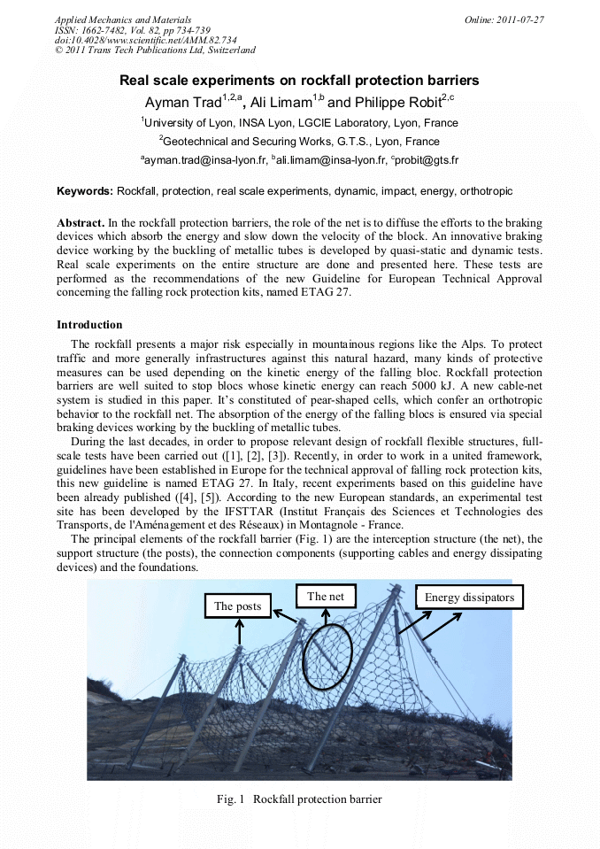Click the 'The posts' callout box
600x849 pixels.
237,606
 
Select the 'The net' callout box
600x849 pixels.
326,597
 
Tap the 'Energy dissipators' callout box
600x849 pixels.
469,598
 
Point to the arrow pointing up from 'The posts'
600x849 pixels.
238,632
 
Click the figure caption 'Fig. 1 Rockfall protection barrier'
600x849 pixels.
299,799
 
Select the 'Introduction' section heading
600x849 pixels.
89,325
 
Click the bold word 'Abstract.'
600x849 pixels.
81,223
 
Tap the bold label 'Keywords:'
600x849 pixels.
85,191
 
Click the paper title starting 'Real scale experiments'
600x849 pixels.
299,81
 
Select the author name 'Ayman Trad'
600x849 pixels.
183,103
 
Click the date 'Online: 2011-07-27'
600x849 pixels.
504,19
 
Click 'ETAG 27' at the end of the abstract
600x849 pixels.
332,294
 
